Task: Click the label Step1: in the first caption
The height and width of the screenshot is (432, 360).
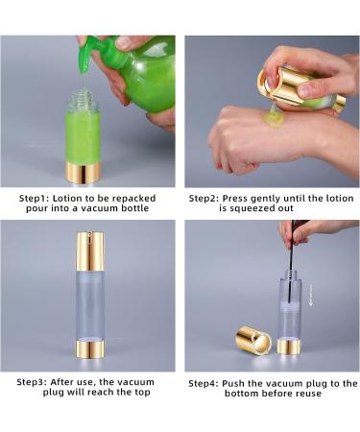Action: [34, 199]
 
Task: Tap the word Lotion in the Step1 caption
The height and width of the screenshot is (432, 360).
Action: [65, 199]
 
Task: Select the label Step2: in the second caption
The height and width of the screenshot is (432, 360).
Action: [204, 199]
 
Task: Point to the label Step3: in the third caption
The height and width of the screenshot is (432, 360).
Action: [32, 382]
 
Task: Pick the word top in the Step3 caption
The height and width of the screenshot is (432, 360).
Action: [142, 392]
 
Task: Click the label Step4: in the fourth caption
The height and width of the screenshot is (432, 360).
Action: [204, 383]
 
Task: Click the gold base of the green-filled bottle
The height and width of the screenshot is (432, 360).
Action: [84, 173]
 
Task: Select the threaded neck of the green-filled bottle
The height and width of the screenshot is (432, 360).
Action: [82, 99]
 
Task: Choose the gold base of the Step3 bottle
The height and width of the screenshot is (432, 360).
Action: [90, 349]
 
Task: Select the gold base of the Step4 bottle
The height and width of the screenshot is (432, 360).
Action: [289, 347]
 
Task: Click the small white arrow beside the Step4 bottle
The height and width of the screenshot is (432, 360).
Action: [311, 295]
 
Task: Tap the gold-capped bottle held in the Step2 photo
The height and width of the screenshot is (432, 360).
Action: [300, 88]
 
